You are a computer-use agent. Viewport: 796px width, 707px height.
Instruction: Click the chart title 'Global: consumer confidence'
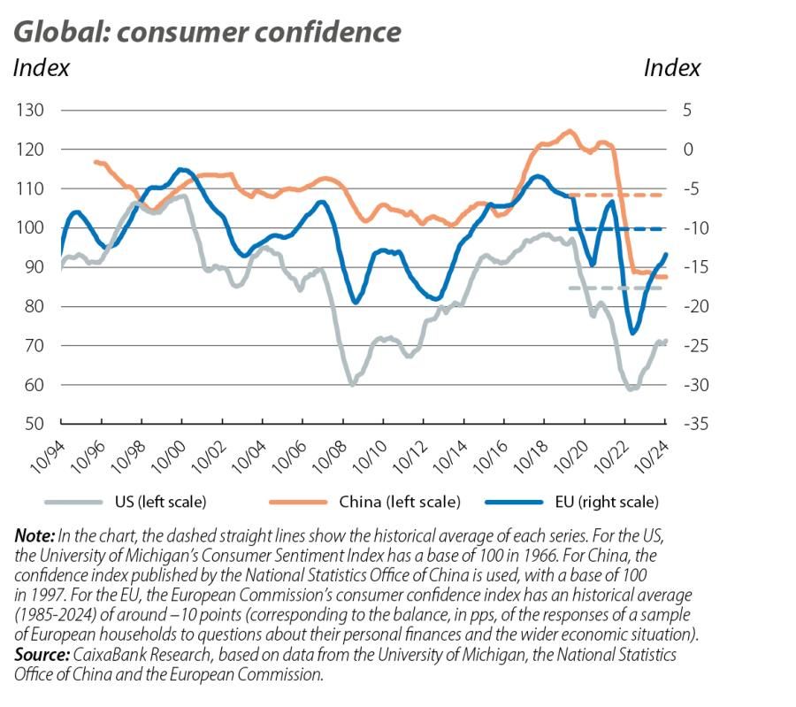[207, 32]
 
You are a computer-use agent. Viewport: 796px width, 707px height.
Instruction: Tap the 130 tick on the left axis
[28, 111]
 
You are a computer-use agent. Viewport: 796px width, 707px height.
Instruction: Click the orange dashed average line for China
[619, 195]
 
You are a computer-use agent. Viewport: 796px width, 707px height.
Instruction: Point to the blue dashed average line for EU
[619, 228]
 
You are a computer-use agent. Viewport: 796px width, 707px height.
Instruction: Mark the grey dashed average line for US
[619, 288]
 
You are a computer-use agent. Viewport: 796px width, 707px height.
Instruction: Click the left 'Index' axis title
[41, 68]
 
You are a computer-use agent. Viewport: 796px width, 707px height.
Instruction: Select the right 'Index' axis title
[671, 68]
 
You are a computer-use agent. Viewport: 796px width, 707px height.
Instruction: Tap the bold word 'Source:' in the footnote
[42, 655]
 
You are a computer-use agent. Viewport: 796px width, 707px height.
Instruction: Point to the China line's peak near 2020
[569, 132]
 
